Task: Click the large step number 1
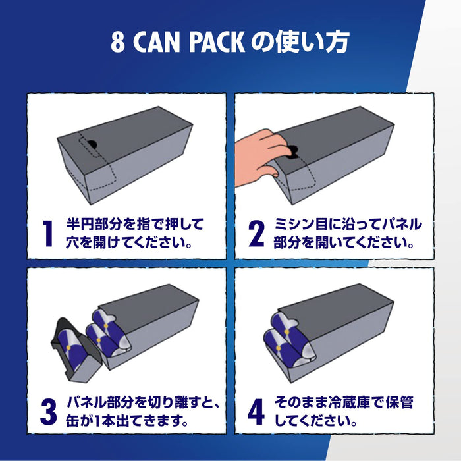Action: pyautogui.click(x=47, y=234)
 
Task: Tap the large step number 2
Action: pyautogui.click(x=256, y=234)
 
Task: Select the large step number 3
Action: pyautogui.click(x=47, y=410)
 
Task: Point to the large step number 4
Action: pyautogui.click(x=256, y=410)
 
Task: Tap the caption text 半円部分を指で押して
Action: pyautogui.click(x=135, y=224)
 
